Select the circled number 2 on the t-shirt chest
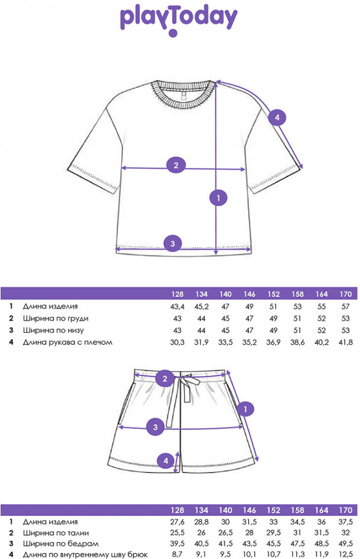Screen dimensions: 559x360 tap(176, 165)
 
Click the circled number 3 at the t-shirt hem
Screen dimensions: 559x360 tap(173, 243)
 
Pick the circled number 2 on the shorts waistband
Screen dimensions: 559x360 tap(164, 378)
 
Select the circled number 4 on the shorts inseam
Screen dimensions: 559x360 tap(165, 461)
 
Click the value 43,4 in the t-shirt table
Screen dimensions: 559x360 tap(177, 306)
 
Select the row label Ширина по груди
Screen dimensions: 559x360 tap(55, 318)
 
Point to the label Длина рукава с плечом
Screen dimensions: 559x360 tap(68, 342)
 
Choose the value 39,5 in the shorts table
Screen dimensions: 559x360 tap(177, 544)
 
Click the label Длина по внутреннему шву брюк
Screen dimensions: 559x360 tap(85, 555)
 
